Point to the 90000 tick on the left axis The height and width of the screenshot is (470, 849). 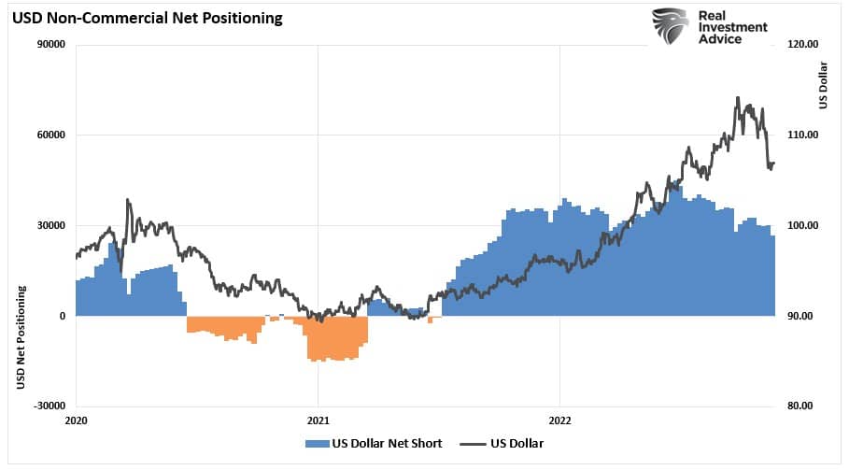[x=50, y=44]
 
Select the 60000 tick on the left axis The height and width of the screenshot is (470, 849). [x=50, y=135]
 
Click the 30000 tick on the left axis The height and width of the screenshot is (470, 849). [x=50, y=225]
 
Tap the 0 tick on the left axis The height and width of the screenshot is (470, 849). [x=62, y=316]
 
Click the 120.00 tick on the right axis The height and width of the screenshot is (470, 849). [x=802, y=44]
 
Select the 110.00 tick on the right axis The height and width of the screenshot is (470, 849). [x=802, y=135]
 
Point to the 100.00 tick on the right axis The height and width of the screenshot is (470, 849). [x=802, y=225]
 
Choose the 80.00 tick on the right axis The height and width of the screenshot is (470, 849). [x=800, y=406]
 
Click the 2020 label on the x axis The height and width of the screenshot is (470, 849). [x=76, y=421]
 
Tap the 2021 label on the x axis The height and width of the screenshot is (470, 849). [x=318, y=421]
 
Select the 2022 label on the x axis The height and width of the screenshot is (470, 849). [x=559, y=421]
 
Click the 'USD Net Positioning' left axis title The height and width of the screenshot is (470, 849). [x=20, y=337]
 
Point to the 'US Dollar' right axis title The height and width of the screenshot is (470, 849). [x=823, y=85]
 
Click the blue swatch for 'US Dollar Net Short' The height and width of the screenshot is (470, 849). [x=318, y=443]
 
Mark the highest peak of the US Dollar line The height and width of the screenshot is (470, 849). [x=738, y=97]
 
